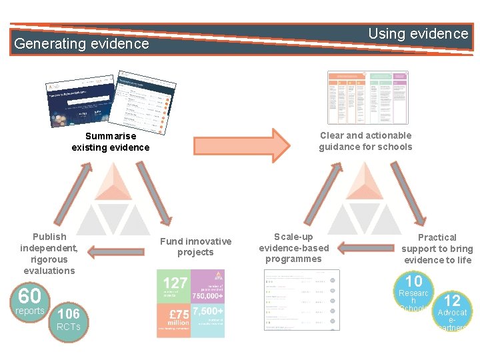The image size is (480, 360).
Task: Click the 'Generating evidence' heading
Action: pyautogui.click(x=81, y=44)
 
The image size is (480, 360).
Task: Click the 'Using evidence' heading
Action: pyautogui.click(x=418, y=33)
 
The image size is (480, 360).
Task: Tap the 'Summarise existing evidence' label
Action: pyautogui.click(x=111, y=141)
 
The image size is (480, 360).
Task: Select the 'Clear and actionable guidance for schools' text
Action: pyautogui.click(x=365, y=141)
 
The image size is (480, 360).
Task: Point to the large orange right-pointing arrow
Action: pyautogui.click(x=242, y=142)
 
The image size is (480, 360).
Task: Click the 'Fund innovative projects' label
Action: pyautogui.click(x=195, y=247)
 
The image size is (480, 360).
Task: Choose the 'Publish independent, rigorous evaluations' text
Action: pyautogui.click(x=49, y=253)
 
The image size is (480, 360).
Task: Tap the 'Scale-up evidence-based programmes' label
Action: pyautogui.click(x=293, y=247)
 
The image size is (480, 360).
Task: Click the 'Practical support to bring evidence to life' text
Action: pyautogui.click(x=437, y=248)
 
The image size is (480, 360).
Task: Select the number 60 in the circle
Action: pyautogui.click(x=29, y=295)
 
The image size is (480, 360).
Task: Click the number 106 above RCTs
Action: pyautogui.click(x=69, y=314)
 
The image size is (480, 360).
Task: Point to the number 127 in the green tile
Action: pyautogui.click(x=175, y=283)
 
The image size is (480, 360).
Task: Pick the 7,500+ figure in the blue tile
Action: pyautogui.click(x=208, y=311)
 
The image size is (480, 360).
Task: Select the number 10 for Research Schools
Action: pyautogui.click(x=414, y=281)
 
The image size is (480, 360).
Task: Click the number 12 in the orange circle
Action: pyautogui.click(x=452, y=301)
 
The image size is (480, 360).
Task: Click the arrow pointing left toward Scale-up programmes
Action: pyautogui.click(x=361, y=247)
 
